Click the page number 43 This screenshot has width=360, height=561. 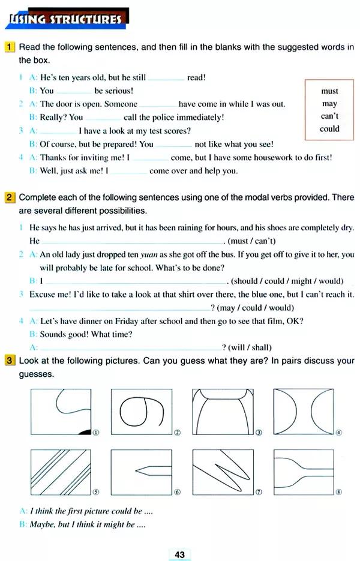pyautogui.click(x=180, y=554)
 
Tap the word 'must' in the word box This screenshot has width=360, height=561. pyautogui.click(x=329, y=91)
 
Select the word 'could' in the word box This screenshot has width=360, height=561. pyautogui.click(x=329, y=128)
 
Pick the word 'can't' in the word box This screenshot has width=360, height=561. pyautogui.click(x=329, y=116)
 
